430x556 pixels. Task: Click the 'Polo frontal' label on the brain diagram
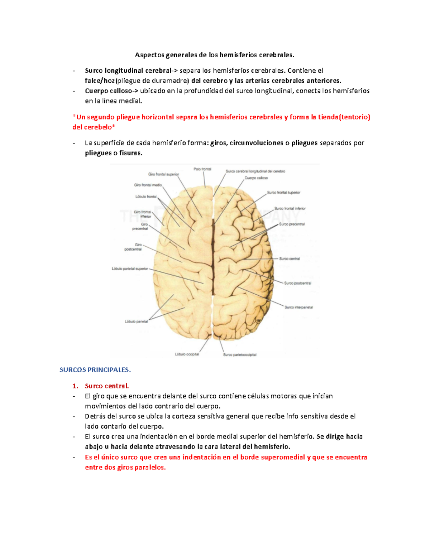(x=202, y=169)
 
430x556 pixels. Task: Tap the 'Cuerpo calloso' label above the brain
(x=256, y=178)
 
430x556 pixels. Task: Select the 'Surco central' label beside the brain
(x=290, y=258)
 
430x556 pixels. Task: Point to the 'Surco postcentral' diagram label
(x=298, y=283)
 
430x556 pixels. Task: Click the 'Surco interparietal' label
(x=299, y=307)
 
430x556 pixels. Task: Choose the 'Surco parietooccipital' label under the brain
(x=240, y=355)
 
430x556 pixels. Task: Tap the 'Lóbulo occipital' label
(x=187, y=354)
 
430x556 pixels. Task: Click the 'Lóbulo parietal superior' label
(x=130, y=269)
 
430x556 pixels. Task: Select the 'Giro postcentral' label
(x=133, y=247)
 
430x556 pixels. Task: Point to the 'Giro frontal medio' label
(x=148, y=185)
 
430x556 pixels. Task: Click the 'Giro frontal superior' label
(x=163, y=174)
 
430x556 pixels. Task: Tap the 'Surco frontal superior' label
(x=283, y=193)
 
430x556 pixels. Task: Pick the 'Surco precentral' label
(x=292, y=224)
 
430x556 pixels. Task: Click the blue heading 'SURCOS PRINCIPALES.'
(x=95, y=370)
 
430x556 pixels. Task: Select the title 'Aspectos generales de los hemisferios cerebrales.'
(x=214, y=55)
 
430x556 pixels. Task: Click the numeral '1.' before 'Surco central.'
(x=75, y=386)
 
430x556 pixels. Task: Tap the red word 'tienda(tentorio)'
(x=344, y=117)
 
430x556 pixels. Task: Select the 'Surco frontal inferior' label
(x=290, y=208)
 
